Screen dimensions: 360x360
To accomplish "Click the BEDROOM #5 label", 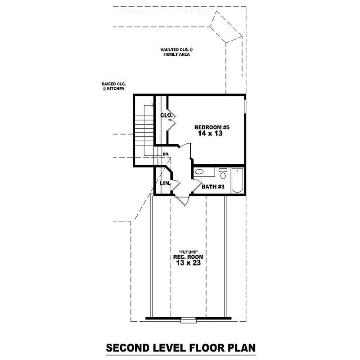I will [x=208, y=127].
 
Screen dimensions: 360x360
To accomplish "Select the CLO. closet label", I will [x=166, y=116].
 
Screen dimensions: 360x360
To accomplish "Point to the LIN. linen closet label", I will [x=164, y=183].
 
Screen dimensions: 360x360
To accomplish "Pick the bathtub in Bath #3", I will [x=237, y=180].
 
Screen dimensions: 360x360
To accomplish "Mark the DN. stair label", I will [x=166, y=154].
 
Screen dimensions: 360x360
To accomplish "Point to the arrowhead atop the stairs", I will [x=153, y=106].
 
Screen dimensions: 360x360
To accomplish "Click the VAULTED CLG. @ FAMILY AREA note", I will [x=176, y=52].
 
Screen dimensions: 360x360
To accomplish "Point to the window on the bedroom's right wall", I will [x=245, y=106].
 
